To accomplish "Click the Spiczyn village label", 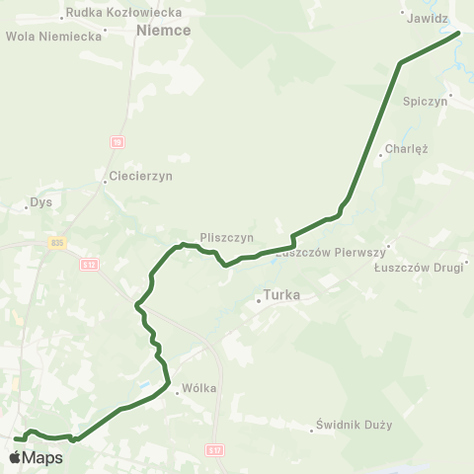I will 427,101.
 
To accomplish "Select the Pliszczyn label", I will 226,237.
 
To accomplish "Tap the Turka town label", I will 281,294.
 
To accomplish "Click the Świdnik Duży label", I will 355,426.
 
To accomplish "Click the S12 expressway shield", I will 89,264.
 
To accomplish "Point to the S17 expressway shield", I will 216,449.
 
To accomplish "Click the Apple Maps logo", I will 36,457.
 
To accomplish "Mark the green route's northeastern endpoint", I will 459,33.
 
